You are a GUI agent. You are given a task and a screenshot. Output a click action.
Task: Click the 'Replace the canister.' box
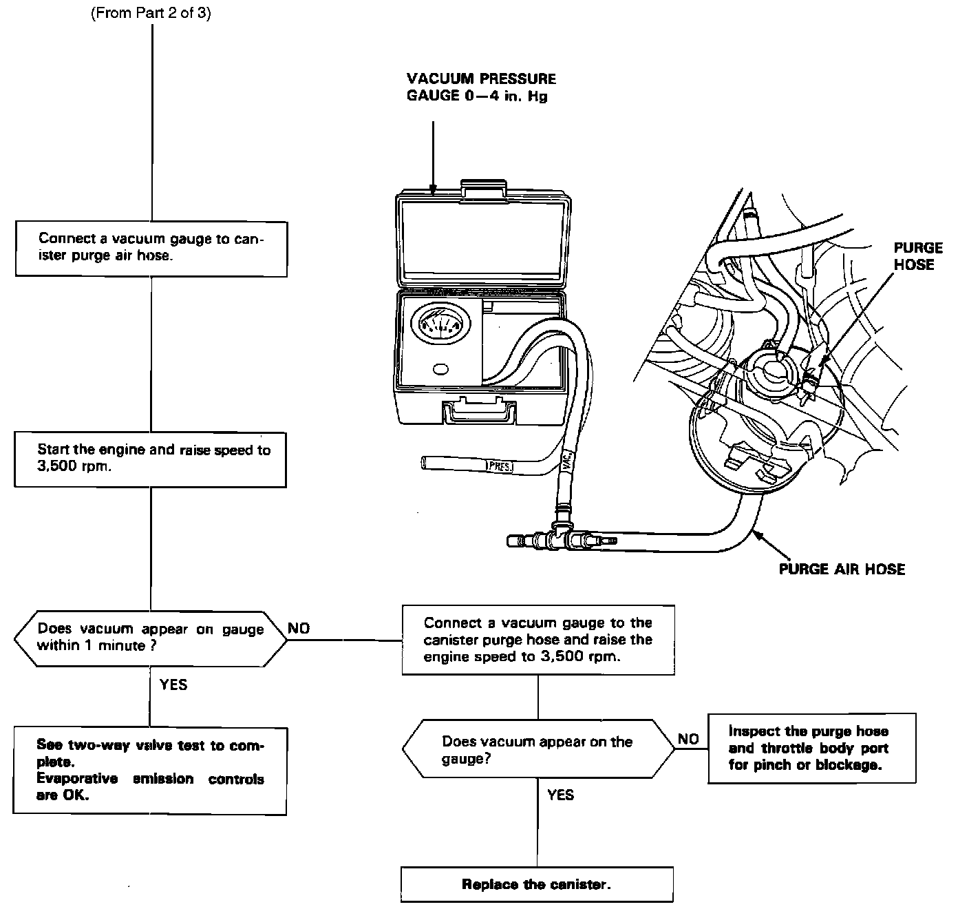click(537, 884)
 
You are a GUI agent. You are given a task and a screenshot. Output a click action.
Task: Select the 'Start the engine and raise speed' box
click(150, 459)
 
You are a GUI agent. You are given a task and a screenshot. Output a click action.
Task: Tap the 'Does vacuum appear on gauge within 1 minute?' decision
click(150, 638)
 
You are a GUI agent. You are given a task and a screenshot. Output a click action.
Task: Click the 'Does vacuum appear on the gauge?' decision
click(537, 750)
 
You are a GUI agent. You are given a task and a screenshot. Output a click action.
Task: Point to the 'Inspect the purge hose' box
click(811, 748)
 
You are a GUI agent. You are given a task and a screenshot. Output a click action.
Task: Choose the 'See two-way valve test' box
click(150, 771)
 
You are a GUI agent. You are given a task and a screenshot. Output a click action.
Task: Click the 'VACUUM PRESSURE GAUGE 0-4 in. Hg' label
click(480, 87)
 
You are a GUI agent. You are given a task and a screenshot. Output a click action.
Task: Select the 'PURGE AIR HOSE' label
click(841, 569)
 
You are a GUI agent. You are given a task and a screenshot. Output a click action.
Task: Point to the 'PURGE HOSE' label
click(917, 256)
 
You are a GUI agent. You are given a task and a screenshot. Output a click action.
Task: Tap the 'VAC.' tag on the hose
click(566, 459)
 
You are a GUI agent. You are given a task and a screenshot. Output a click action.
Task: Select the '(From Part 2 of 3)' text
click(151, 14)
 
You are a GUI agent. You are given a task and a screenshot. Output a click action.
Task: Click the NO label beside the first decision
click(299, 628)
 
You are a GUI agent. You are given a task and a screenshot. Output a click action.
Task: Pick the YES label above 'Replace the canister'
click(560, 795)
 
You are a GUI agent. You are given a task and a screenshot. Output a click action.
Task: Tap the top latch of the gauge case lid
click(481, 191)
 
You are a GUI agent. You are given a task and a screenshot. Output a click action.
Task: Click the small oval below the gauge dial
click(440, 369)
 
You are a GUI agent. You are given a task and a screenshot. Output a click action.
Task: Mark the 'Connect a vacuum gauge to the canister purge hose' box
click(537, 640)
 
